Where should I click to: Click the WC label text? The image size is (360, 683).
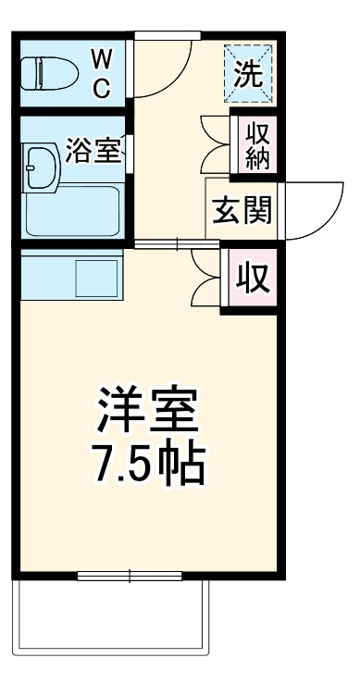(102, 73)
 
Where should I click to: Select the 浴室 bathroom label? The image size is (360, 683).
(93, 151)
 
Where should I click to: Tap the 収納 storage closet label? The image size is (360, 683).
(257, 144)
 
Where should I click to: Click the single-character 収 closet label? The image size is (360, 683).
(251, 278)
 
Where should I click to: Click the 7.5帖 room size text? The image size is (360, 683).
(148, 467)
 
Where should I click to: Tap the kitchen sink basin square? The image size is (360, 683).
(96, 276)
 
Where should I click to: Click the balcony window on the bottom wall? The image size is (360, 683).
(130, 576)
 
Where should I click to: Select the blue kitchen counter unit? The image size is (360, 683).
(70, 276)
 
